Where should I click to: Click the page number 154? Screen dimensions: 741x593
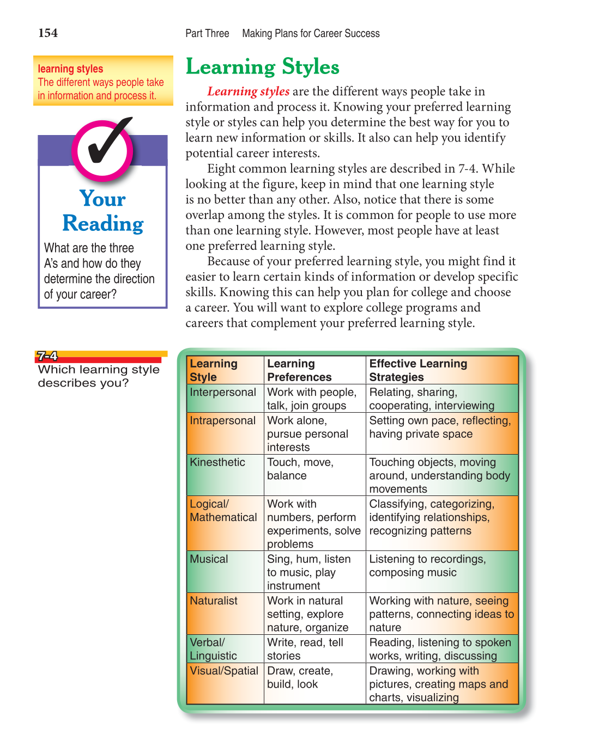[48, 33]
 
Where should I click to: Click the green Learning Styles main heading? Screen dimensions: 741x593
[262, 67]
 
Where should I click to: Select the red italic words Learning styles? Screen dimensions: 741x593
[248, 91]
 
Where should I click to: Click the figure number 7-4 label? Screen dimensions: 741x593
[47, 356]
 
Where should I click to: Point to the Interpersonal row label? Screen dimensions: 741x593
[222, 393]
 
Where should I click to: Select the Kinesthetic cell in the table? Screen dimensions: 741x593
[217, 462]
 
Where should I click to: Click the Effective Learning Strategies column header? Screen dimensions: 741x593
[418, 370]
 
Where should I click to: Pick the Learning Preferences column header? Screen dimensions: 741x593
[299, 370]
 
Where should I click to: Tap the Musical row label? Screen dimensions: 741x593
[209, 559]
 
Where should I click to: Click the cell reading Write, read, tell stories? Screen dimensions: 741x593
[305, 649]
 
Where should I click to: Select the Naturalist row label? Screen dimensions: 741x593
[214, 601]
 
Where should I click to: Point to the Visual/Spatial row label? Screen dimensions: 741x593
[224, 671]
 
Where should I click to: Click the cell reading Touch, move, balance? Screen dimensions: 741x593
[300, 469]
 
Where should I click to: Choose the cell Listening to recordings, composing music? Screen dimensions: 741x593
[427, 566]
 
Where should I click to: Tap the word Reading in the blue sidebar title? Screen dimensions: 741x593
[103, 224]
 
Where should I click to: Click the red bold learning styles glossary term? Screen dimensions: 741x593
[70, 69]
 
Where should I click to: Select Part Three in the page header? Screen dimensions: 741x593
[207, 34]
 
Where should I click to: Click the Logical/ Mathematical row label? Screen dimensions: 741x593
[223, 511]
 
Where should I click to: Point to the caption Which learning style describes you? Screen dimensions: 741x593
[98, 376]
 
